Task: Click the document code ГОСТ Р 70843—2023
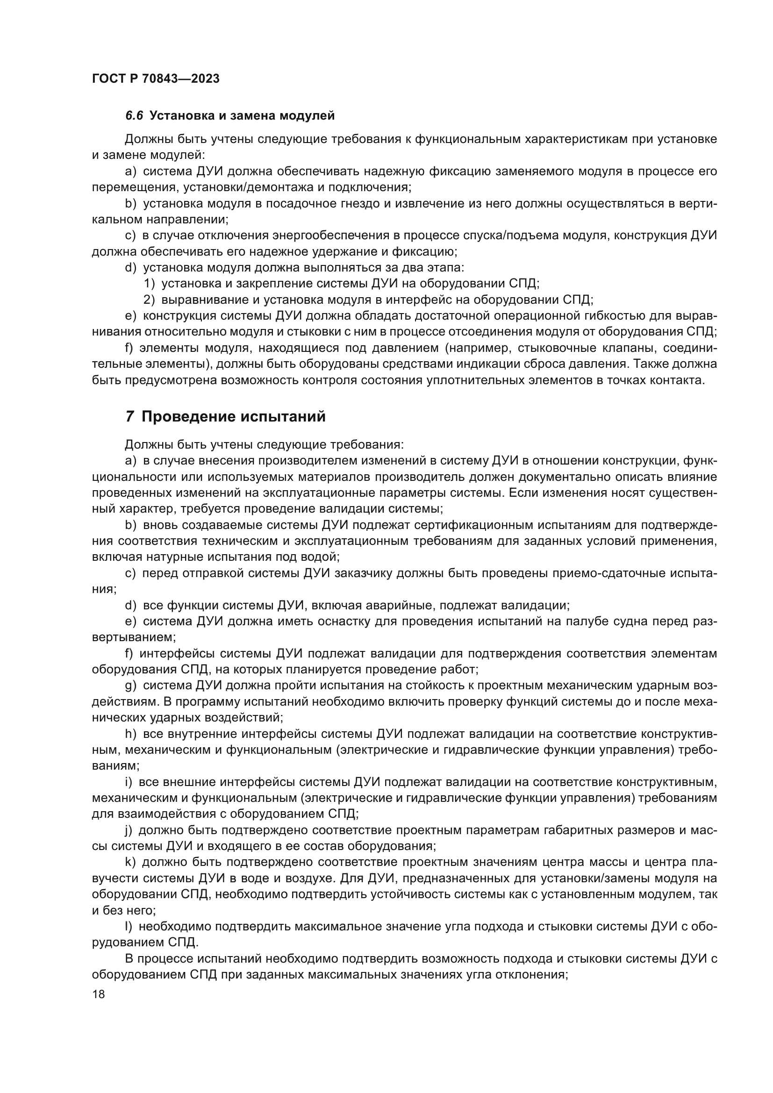tap(156, 79)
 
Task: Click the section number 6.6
tap(134, 116)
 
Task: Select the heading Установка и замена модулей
tap(242, 116)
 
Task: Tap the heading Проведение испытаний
tap(234, 416)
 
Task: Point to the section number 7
tap(129, 416)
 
